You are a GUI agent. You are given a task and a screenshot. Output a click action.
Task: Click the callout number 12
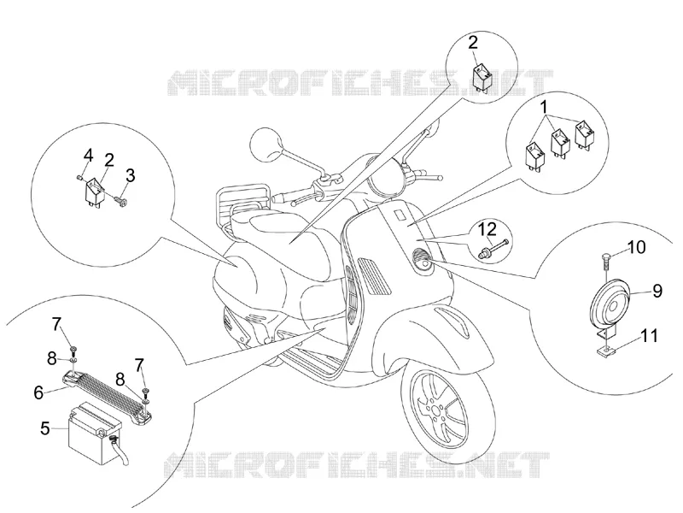(487, 229)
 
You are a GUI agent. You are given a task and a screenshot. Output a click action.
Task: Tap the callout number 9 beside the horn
(657, 291)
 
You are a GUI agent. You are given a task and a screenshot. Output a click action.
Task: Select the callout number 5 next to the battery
(45, 428)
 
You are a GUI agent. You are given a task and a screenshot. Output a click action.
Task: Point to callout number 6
(38, 393)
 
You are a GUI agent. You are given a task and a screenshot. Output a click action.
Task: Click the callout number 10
(636, 247)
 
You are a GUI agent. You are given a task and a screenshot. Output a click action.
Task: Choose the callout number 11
(649, 336)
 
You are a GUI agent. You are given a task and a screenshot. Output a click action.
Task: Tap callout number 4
(89, 155)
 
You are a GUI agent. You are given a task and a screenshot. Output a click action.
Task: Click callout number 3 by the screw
(131, 175)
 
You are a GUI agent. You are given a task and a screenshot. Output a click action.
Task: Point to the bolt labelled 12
(493, 247)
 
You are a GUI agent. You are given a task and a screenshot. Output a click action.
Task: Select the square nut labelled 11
(604, 349)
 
